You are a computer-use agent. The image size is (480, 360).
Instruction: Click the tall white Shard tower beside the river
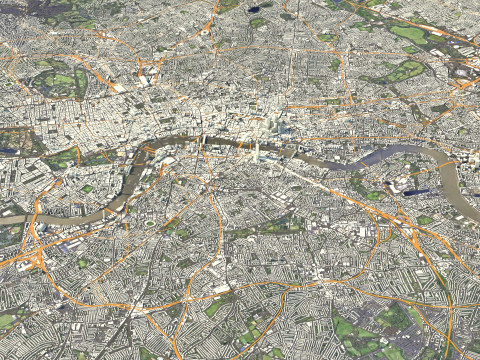(x=256, y=151)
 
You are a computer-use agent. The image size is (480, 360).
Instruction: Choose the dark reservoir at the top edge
(x=254, y=9)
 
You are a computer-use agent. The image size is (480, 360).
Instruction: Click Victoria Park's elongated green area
(x=404, y=71)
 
